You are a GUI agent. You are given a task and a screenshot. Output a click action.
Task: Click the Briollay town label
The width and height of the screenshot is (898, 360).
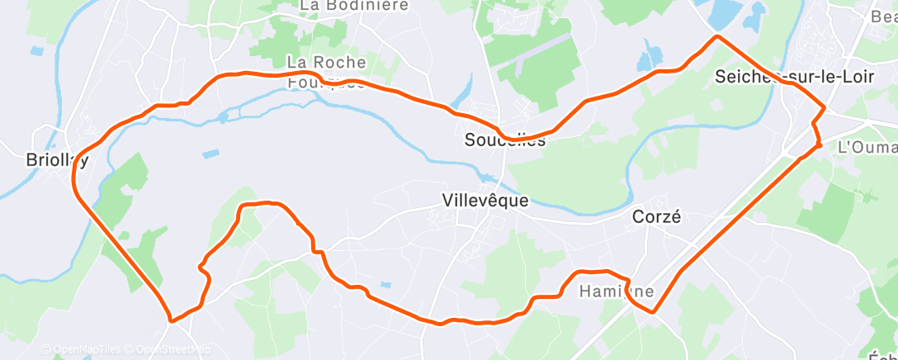click(57, 160)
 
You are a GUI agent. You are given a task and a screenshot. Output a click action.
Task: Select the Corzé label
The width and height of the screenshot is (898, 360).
click(656, 218)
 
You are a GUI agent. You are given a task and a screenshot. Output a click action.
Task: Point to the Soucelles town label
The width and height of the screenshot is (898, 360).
click(505, 140)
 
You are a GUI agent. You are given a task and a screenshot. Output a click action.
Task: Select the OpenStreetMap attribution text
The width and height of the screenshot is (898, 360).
click(170, 350)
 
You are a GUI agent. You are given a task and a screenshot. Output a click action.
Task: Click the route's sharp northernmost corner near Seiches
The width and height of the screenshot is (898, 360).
click(717, 36)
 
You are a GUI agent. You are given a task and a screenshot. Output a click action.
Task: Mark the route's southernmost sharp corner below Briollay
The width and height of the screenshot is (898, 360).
click(171, 319)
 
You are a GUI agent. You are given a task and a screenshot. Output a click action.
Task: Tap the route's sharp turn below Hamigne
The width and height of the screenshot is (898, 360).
click(653, 312)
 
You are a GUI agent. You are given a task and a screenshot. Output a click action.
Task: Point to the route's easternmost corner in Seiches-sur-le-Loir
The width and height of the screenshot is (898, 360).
click(825, 108)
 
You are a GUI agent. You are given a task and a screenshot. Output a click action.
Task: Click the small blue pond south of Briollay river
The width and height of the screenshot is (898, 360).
click(211, 154)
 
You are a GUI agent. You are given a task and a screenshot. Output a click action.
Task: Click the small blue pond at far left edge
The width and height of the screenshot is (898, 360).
click(36, 51)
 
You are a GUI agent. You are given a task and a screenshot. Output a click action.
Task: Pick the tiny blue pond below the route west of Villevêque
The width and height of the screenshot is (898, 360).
click(385, 285)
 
